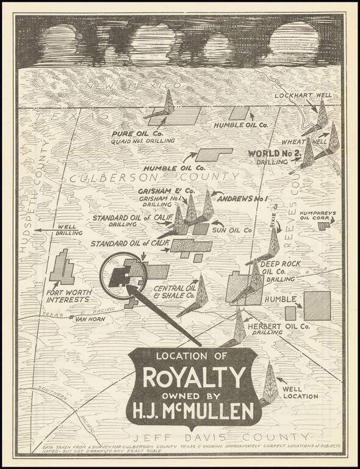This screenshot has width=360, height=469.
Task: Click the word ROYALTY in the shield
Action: tap(195, 376)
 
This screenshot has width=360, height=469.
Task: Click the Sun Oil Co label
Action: tap(232, 230)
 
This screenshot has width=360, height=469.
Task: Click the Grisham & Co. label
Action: tap(162, 191)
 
